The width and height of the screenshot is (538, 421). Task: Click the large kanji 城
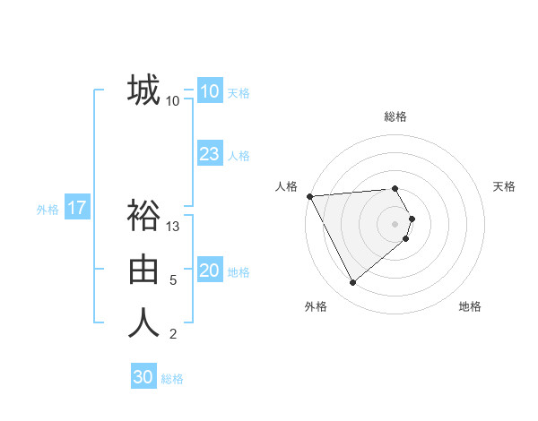(143, 90)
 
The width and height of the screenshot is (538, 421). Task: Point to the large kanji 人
(143, 322)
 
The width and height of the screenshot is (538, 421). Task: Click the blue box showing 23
(209, 154)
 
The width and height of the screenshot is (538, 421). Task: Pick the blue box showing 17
(77, 209)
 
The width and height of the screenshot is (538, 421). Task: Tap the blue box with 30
(143, 377)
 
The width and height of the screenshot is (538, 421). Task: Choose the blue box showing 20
(209, 271)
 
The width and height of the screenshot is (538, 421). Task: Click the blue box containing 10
(209, 91)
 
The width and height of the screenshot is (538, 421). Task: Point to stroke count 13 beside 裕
(174, 228)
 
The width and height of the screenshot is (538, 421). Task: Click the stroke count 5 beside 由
(173, 280)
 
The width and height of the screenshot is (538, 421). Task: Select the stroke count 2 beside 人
(173, 335)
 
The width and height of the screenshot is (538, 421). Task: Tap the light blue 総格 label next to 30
(172, 379)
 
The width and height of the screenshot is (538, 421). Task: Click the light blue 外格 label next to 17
(48, 210)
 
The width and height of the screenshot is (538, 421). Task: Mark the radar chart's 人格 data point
(309, 196)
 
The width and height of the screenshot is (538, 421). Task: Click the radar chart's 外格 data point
(352, 283)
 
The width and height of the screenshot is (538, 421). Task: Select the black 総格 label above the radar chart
(395, 117)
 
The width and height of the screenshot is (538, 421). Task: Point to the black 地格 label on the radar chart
(470, 307)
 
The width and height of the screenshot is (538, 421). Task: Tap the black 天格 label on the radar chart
(505, 186)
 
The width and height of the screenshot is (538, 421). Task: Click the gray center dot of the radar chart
(395, 223)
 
